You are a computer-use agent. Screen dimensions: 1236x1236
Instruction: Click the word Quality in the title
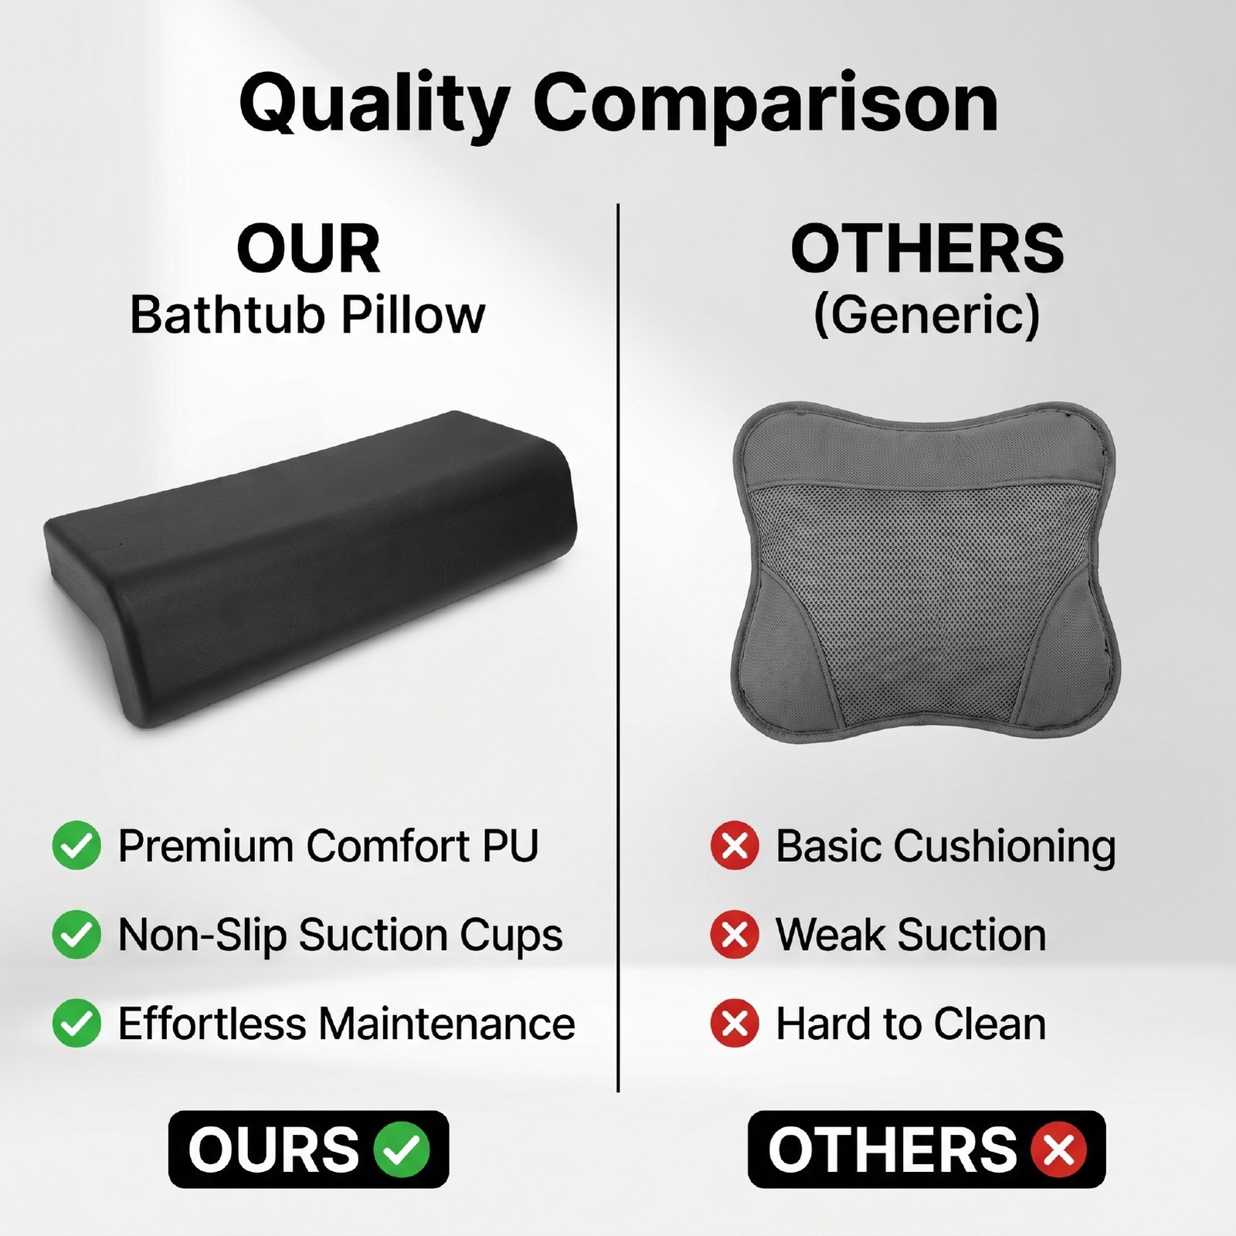click(374, 106)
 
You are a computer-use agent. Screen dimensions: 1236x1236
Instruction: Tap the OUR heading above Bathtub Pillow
click(308, 250)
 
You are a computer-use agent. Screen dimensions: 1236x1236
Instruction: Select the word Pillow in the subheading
click(414, 314)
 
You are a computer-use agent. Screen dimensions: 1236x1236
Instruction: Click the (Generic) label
click(927, 316)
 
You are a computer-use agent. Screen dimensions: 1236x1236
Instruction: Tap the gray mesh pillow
click(924, 572)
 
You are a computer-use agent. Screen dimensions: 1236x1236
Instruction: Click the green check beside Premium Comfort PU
click(76, 846)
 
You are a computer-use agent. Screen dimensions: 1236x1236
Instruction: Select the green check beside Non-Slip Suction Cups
click(76, 935)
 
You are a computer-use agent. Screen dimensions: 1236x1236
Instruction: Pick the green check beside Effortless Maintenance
click(76, 1024)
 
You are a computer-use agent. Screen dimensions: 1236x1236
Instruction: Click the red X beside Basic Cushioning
click(734, 846)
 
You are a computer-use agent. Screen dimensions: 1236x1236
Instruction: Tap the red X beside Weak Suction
click(734, 935)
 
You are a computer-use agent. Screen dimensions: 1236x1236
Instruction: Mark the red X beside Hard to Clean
click(734, 1024)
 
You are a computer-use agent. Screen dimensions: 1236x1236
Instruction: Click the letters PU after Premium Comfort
click(510, 846)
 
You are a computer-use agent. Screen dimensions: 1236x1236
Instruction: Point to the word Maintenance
click(447, 1024)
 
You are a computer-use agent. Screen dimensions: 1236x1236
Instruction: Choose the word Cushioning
click(1005, 847)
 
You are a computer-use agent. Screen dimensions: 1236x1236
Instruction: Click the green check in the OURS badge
click(402, 1149)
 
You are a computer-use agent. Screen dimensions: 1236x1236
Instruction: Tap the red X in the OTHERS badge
click(1058, 1149)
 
